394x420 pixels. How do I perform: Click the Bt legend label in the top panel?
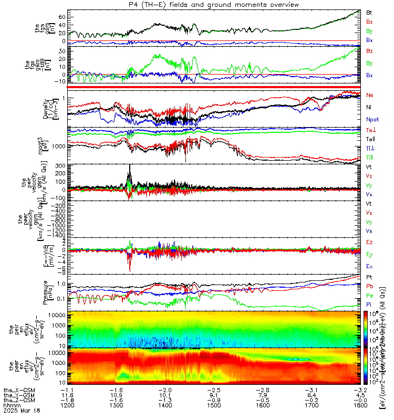(x=369, y=12)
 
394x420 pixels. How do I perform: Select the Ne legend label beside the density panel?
(x=369, y=95)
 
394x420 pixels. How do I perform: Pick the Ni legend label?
(x=369, y=107)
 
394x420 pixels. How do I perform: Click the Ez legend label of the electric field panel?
(x=369, y=241)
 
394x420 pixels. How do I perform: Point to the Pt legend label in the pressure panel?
(x=369, y=277)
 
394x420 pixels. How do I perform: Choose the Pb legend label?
(x=369, y=286)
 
